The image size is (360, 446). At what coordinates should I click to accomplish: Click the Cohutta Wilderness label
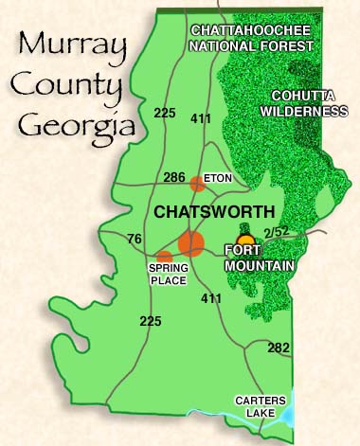tap(308, 103)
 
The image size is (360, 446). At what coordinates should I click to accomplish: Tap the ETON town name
tap(219, 177)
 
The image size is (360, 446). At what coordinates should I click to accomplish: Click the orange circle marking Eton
tap(196, 184)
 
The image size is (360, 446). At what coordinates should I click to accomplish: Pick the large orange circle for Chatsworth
tap(191, 243)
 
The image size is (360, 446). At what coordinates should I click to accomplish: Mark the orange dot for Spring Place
tap(165, 257)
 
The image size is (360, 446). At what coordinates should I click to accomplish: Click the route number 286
tap(174, 176)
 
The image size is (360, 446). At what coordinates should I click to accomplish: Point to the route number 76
tap(135, 238)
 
